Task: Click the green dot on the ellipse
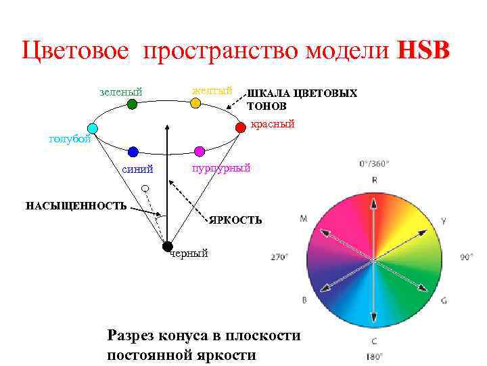[132, 104]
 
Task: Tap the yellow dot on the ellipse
[195, 103]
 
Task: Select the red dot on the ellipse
[240, 127]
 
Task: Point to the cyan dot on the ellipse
[93, 128]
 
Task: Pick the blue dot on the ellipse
[133, 152]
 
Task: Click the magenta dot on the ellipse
[199, 150]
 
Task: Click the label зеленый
[120, 91]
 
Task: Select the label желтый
[212, 90]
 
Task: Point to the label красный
[273, 125]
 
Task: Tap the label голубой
[70, 140]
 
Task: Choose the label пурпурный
[221, 168]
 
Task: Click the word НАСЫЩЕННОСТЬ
[76, 205]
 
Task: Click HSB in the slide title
[423, 51]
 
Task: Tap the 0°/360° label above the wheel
[374, 163]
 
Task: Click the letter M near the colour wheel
[304, 218]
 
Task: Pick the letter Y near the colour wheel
[444, 220]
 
